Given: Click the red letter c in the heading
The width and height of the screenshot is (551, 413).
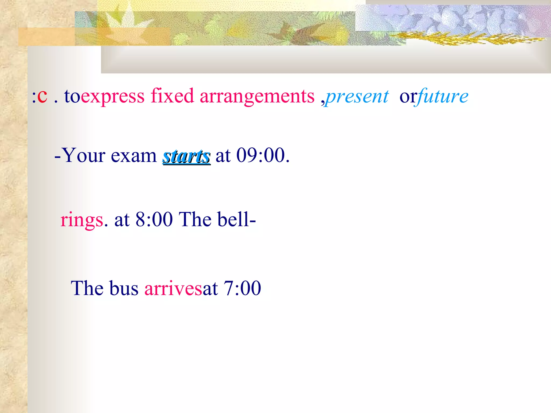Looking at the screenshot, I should coord(42,96).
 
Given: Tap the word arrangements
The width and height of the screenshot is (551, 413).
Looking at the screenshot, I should coord(257,96).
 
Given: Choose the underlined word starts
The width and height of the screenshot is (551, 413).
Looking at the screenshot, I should coord(186,156).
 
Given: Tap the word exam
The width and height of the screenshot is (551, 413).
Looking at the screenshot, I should coord(133,156).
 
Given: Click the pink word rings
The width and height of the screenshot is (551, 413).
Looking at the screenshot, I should coord(82,220).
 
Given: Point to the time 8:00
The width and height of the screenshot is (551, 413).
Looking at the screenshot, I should coord(154,219).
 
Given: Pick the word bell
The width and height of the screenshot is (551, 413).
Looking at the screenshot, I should coord(234,219).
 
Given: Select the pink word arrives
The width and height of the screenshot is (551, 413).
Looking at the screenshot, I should coord(173,288).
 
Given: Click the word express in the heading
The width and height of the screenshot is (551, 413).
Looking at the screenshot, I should coord(112,96).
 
